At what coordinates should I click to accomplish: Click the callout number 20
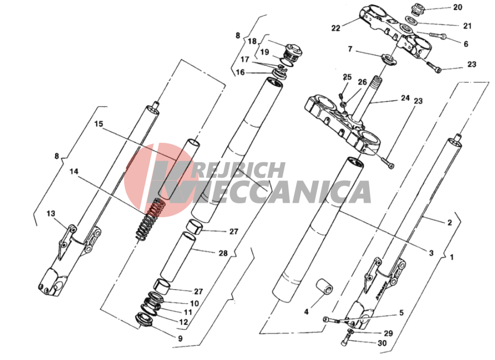[x=457, y=7]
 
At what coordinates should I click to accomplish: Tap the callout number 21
[x=467, y=26]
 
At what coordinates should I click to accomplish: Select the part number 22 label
[x=336, y=28]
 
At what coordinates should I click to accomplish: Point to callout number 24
[x=405, y=98]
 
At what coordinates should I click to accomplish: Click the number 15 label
[x=99, y=124]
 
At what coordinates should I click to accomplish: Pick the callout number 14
[x=74, y=171]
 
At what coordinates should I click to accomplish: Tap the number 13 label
[x=51, y=214]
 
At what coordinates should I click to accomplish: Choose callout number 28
[x=223, y=253]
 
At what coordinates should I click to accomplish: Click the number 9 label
[x=180, y=338]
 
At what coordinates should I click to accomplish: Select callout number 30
[x=382, y=343]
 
